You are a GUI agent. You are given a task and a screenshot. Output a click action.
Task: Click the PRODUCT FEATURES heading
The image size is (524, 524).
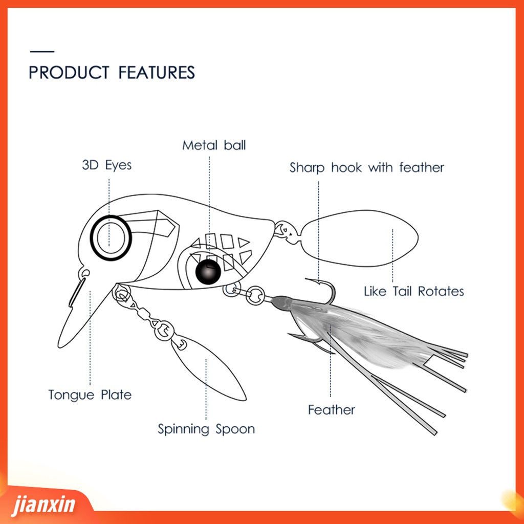tap(112, 72)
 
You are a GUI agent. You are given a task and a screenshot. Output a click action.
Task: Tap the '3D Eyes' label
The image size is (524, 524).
tap(107, 165)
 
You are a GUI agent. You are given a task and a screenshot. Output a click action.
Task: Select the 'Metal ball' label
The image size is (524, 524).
tap(214, 145)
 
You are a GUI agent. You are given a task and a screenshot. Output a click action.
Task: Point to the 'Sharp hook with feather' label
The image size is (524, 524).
tap(366, 167)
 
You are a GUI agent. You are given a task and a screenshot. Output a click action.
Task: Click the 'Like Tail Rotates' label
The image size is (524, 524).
tap(413, 292)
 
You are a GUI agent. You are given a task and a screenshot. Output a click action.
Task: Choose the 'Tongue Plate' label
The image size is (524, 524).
tap(90, 395)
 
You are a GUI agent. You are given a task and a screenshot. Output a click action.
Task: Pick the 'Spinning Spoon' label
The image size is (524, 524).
tap(206, 429)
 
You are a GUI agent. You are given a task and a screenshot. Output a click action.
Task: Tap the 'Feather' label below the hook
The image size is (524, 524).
tap(331, 409)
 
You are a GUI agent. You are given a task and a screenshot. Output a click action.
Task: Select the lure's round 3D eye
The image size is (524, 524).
tap(111, 238)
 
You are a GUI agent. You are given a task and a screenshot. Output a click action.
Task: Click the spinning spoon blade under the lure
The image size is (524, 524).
tap(210, 368)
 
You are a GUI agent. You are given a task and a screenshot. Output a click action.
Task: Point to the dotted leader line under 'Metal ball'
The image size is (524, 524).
tap(209, 194)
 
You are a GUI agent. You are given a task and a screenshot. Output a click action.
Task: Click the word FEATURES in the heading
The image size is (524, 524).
tap(157, 72)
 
